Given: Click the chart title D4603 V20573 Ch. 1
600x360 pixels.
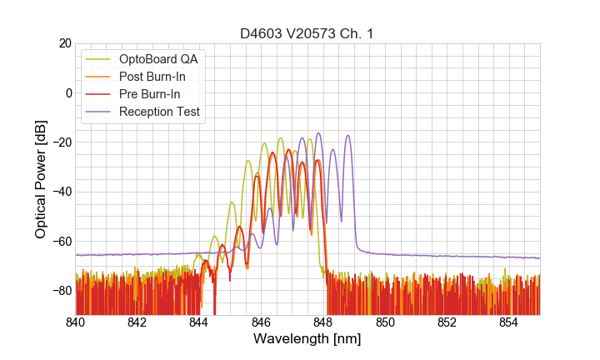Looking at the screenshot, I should pyautogui.click(x=307, y=33).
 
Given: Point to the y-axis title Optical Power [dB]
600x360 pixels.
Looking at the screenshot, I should pyautogui.click(x=41, y=178).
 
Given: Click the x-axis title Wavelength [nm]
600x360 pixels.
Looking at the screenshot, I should pyautogui.click(x=307, y=339).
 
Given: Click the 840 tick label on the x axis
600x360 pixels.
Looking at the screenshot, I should pyautogui.click(x=76, y=322).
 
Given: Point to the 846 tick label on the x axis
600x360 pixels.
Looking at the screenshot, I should pyautogui.click(x=261, y=322).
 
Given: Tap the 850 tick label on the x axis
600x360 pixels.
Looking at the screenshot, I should pyautogui.click(x=385, y=322).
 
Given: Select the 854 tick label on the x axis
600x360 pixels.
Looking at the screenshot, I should pyautogui.click(x=508, y=322).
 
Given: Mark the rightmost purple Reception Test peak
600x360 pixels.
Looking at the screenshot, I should pyautogui.click(x=347, y=135).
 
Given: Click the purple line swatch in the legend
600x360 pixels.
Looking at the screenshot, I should pyautogui.click(x=99, y=112).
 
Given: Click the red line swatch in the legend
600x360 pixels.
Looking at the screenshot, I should pyautogui.click(x=99, y=94).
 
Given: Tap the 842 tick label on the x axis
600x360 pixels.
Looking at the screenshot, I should pyautogui.click(x=137, y=322).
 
